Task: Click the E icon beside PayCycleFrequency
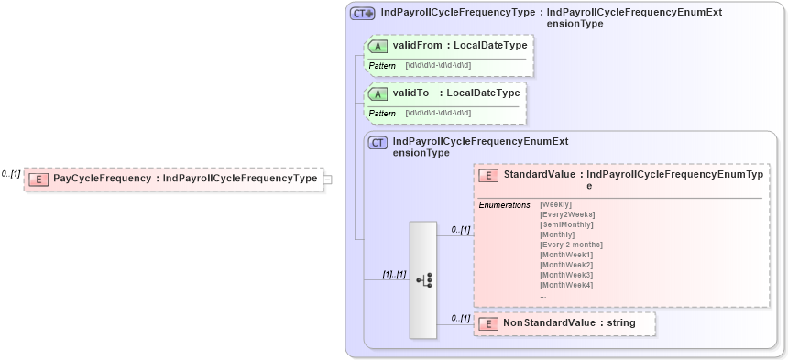(38, 179)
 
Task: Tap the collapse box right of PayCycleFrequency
(327, 180)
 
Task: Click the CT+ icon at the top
(363, 14)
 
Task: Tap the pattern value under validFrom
(438, 66)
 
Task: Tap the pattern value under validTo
(438, 114)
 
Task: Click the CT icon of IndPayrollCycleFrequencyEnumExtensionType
(378, 143)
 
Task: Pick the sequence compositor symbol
(423, 279)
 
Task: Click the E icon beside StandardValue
(489, 175)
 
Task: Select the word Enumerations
(505, 204)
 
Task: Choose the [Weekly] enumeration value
(556, 204)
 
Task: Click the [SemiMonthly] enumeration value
(566, 224)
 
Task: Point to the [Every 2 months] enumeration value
(571, 245)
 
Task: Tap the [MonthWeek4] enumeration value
(566, 285)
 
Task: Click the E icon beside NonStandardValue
(489, 323)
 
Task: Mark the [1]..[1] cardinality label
(394, 274)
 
